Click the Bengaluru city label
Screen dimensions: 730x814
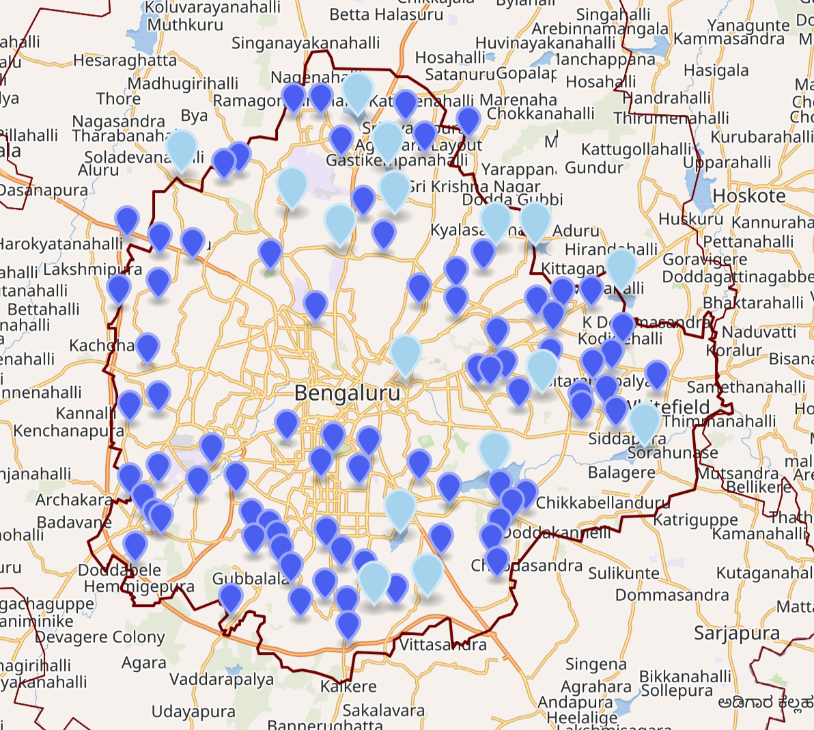pos(347,394)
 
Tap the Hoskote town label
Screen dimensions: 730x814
pos(748,196)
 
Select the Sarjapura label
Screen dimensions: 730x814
pos(736,634)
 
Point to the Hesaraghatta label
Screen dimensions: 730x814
pos(124,61)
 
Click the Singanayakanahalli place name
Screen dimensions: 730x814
pos(305,43)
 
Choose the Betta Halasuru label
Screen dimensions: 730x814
pos(386,14)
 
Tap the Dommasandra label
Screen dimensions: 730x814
pos(672,595)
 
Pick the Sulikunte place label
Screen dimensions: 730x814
pos(623,573)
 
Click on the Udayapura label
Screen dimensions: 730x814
pos(193,712)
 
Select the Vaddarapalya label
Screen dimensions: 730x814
pos(221,679)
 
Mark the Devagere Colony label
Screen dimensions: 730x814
pos(100,638)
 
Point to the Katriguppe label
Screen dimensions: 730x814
pos(695,521)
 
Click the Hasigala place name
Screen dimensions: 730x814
pos(716,70)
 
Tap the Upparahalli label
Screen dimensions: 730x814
pos(727,163)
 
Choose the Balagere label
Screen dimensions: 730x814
pos(621,472)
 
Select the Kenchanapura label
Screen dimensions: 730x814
pos(68,431)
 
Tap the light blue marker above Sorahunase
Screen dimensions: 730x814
pos(644,422)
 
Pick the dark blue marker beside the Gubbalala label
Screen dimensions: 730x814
pos(231,597)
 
